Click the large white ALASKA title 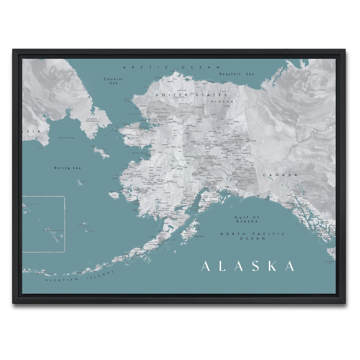point(248,266)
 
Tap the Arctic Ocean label point(172,67)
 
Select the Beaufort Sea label point(236,74)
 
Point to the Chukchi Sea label point(109,81)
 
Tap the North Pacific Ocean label point(252,236)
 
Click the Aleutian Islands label point(80,276)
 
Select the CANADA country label point(280,175)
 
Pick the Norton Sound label point(140,153)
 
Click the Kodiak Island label point(199,236)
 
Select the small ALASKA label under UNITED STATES point(222,101)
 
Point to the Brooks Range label point(184,104)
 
